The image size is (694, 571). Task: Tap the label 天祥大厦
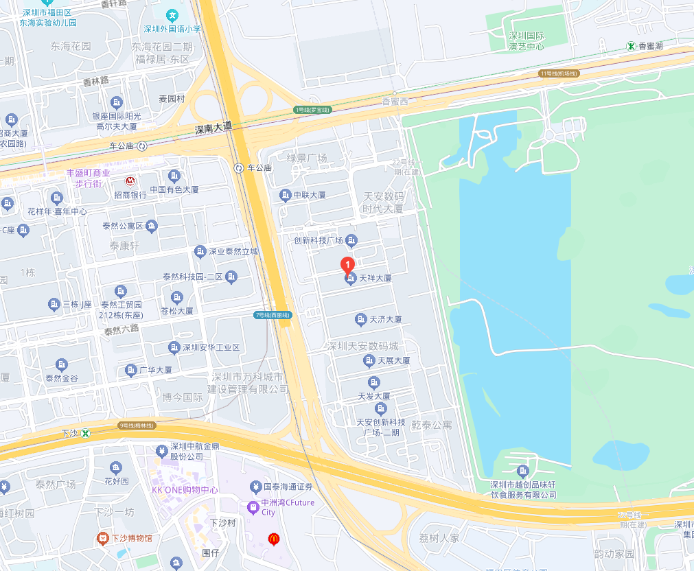[375, 279]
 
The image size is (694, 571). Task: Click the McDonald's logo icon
[273, 539]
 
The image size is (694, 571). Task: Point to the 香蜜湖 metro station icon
[630, 46]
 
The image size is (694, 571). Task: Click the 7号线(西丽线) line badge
[273, 315]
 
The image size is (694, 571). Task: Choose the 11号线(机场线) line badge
[559, 73]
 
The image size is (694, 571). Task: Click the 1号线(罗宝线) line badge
[312, 110]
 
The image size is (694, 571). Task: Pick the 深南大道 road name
[213, 128]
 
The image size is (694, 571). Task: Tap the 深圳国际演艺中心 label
[526, 41]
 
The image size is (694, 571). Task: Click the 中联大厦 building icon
[286, 196]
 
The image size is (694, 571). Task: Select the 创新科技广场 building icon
[351, 240]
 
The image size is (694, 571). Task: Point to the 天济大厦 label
[385, 320]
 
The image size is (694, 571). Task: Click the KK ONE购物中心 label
[185, 490]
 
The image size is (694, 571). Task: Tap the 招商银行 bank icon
[130, 181]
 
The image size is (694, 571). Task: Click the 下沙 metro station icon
[86, 433]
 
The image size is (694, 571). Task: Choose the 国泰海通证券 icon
[255, 487]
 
